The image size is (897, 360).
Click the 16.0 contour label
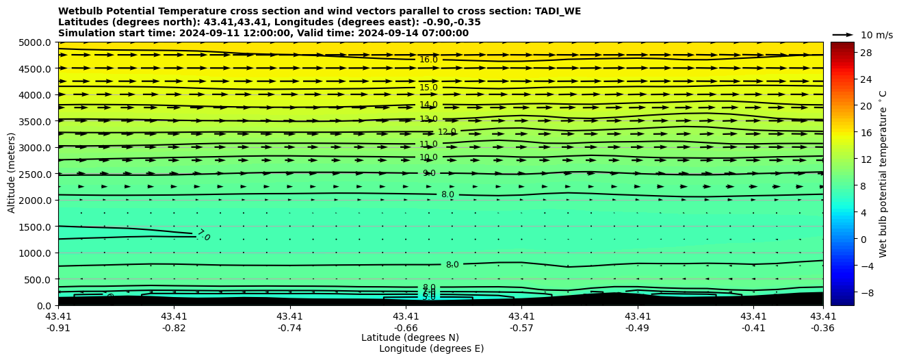(428, 60)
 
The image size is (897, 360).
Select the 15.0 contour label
(428, 88)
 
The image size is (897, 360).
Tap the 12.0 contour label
(447, 132)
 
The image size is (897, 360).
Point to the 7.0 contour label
(203, 235)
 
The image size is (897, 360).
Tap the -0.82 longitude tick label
(174, 328)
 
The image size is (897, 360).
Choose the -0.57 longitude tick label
(521, 328)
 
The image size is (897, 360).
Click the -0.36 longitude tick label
(823, 328)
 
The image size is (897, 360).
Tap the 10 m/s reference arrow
(843, 35)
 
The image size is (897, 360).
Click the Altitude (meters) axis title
(12, 174)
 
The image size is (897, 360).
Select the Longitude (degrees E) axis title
(431, 349)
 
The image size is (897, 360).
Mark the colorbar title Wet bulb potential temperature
(883, 174)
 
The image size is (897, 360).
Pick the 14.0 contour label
(428, 105)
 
